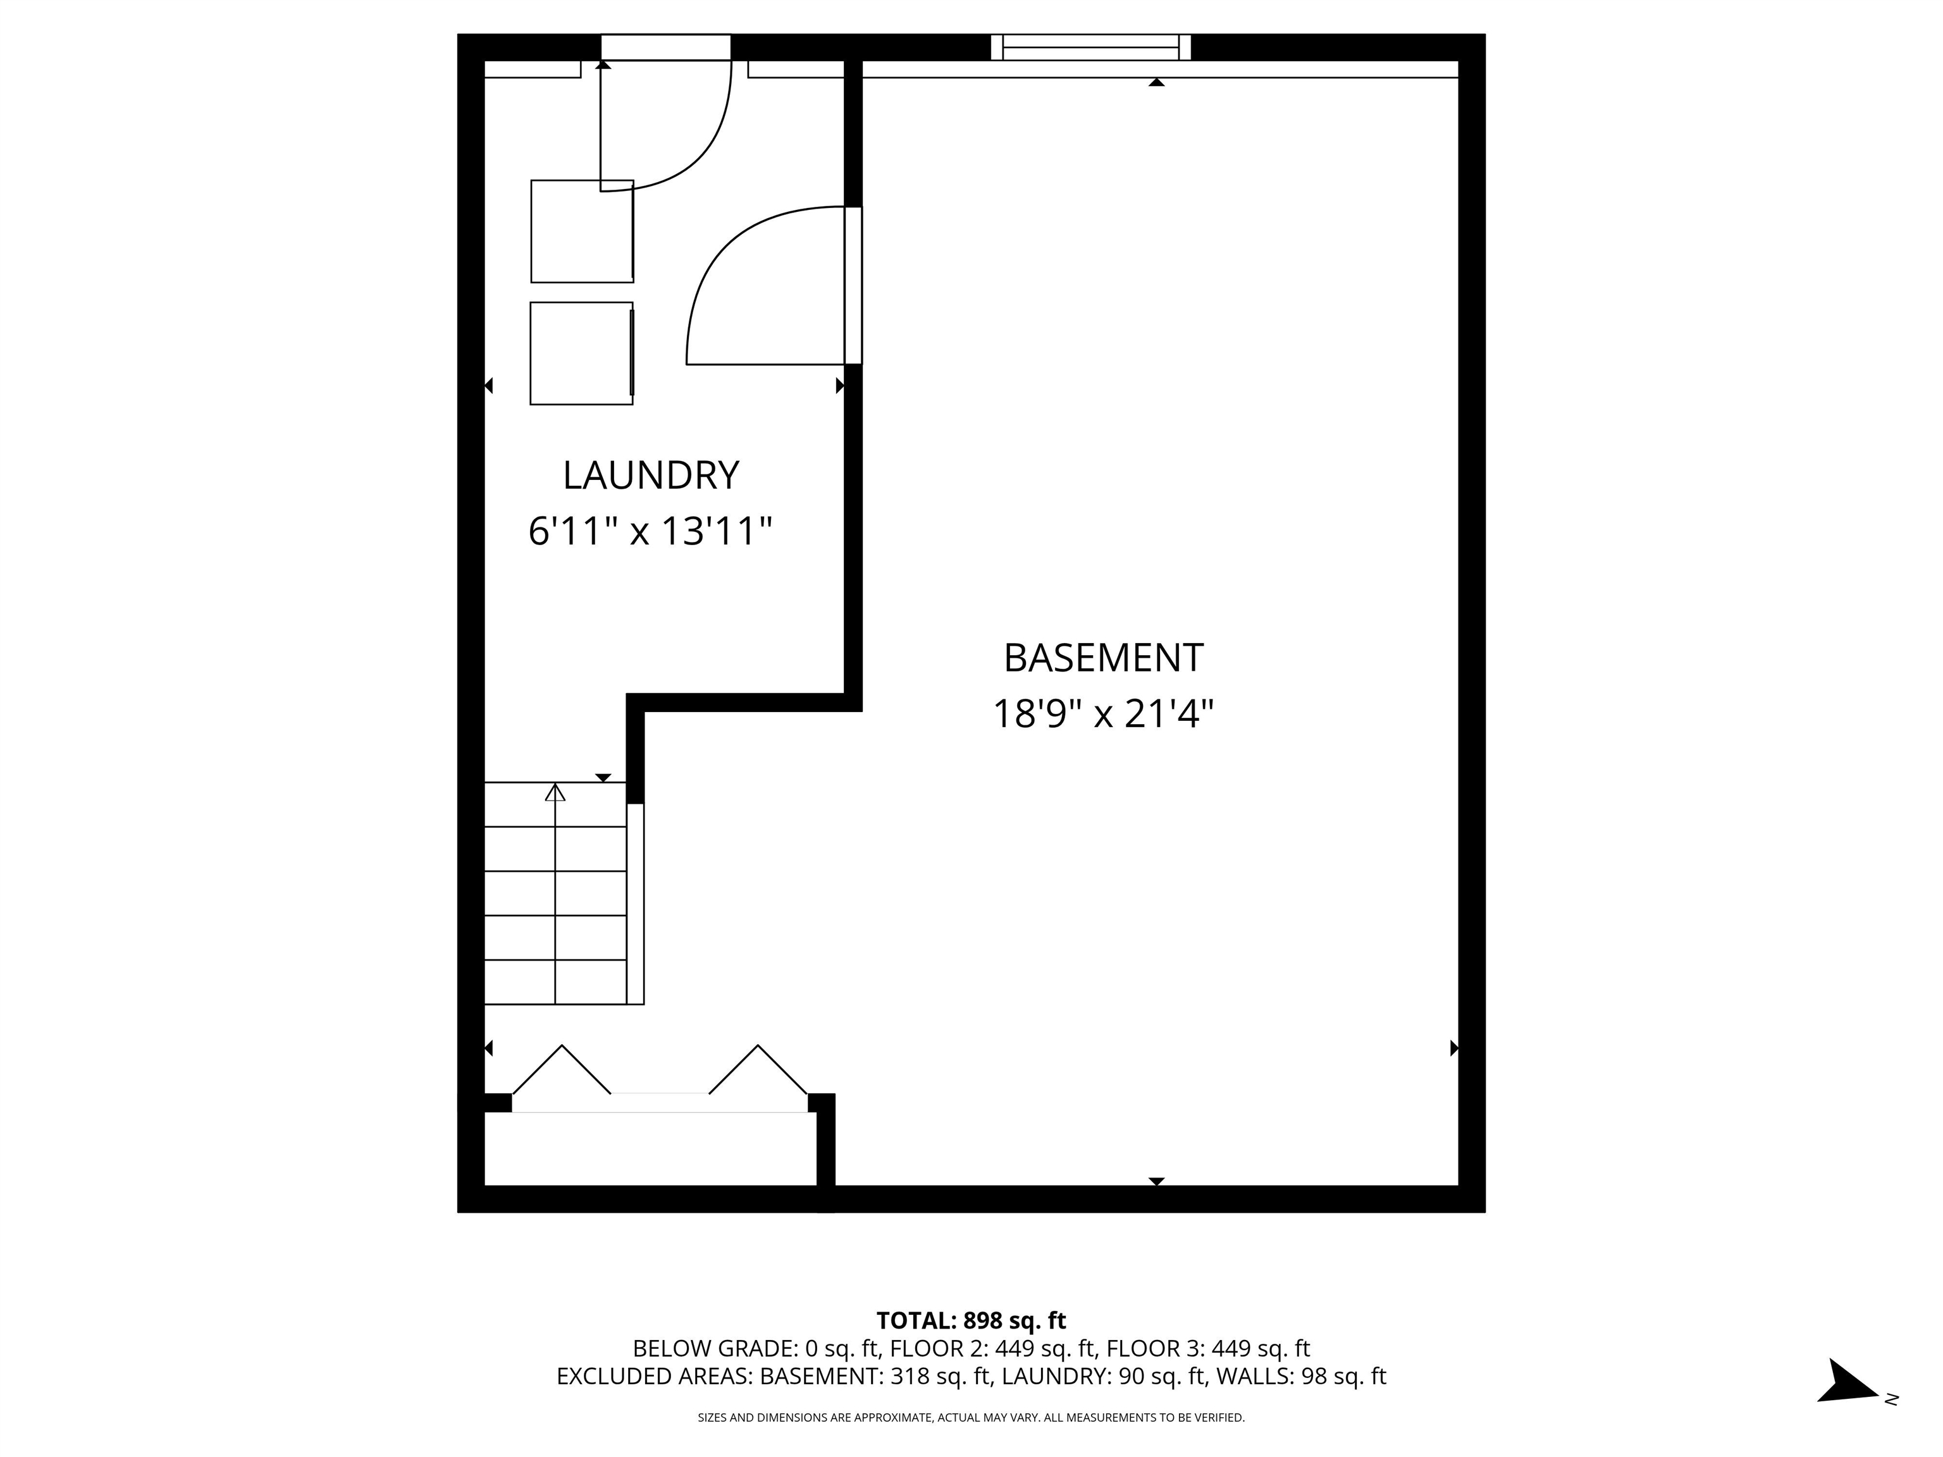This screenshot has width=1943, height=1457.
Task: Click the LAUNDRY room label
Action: pos(650,475)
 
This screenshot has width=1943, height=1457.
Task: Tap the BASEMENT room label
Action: pos(1102,658)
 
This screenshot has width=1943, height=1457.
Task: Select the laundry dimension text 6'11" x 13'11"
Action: pos(650,531)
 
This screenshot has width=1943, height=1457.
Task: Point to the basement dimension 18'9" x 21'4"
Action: pos(1102,713)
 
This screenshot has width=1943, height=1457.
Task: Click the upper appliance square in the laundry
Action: pos(581,231)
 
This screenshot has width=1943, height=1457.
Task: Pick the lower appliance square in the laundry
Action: pos(581,353)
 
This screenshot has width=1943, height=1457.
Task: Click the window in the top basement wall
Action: pos(1090,47)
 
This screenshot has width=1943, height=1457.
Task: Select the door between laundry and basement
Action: pos(853,285)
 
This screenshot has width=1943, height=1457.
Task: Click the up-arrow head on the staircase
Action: pos(555,792)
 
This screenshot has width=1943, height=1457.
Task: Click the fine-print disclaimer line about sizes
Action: pos(971,1418)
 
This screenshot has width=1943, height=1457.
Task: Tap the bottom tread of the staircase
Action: pos(555,983)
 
